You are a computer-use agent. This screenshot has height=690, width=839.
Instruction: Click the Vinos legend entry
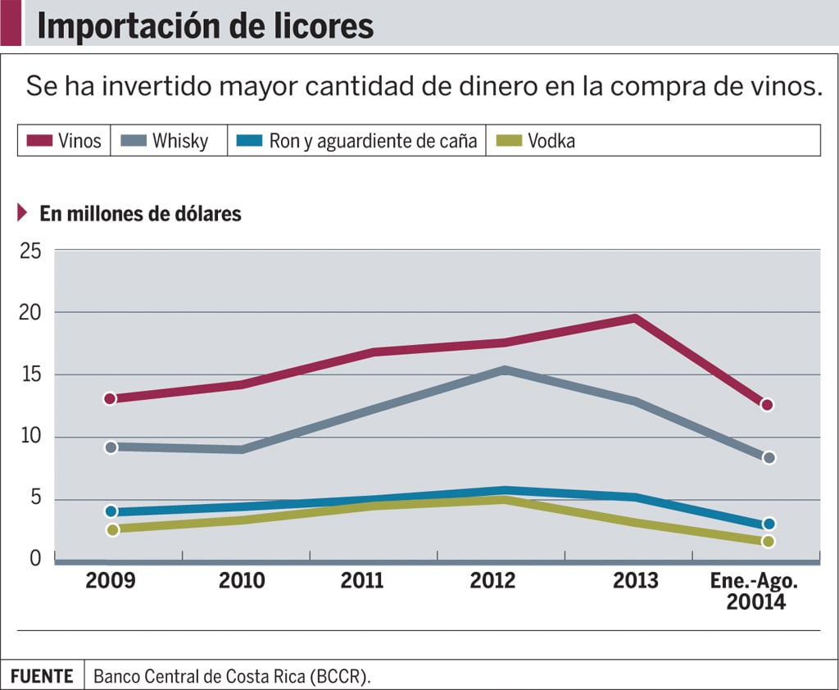pyautogui.click(x=65, y=140)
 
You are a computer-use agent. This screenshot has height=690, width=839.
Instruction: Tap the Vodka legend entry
pyautogui.click(x=537, y=140)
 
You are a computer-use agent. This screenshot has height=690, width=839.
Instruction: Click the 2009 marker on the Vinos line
pyautogui.click(x=110, y=398)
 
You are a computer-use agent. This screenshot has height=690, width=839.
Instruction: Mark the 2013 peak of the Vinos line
pyautogui.click(x=635, y=318)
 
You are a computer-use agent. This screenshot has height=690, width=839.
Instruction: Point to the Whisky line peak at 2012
pyautogui.click(x=506, y=370)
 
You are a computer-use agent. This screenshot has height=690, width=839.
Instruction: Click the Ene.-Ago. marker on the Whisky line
pyautogui.click(x=769, y=457)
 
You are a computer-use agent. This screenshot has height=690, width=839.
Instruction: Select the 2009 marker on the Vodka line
pyautogui.click(x=112, y=529)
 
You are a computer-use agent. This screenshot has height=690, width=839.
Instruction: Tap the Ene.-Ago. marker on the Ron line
pyautogui.click(x=769, y=524)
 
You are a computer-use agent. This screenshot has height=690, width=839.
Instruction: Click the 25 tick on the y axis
pyautogui.click(x=30, y=250)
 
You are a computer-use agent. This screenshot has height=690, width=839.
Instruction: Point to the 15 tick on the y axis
pyautogui.click(x=30, y=375)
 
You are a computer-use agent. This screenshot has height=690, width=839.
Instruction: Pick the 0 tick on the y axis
pyautogui.click(x=35, y=558)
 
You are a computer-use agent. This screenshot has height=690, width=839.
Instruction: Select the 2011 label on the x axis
pyautogui.click(x=362, y=580)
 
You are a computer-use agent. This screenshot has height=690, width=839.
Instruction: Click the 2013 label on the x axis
pyautogui.click(x=635, y=580)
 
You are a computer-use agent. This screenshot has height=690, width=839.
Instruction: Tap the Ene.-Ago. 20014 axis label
pyautogui.click(x=754, y=591)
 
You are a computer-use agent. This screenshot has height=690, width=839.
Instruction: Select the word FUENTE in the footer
pyautogui.click(x=43, y=677)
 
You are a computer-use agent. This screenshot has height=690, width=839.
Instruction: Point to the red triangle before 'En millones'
pyautogui.click(x=22, y=213)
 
